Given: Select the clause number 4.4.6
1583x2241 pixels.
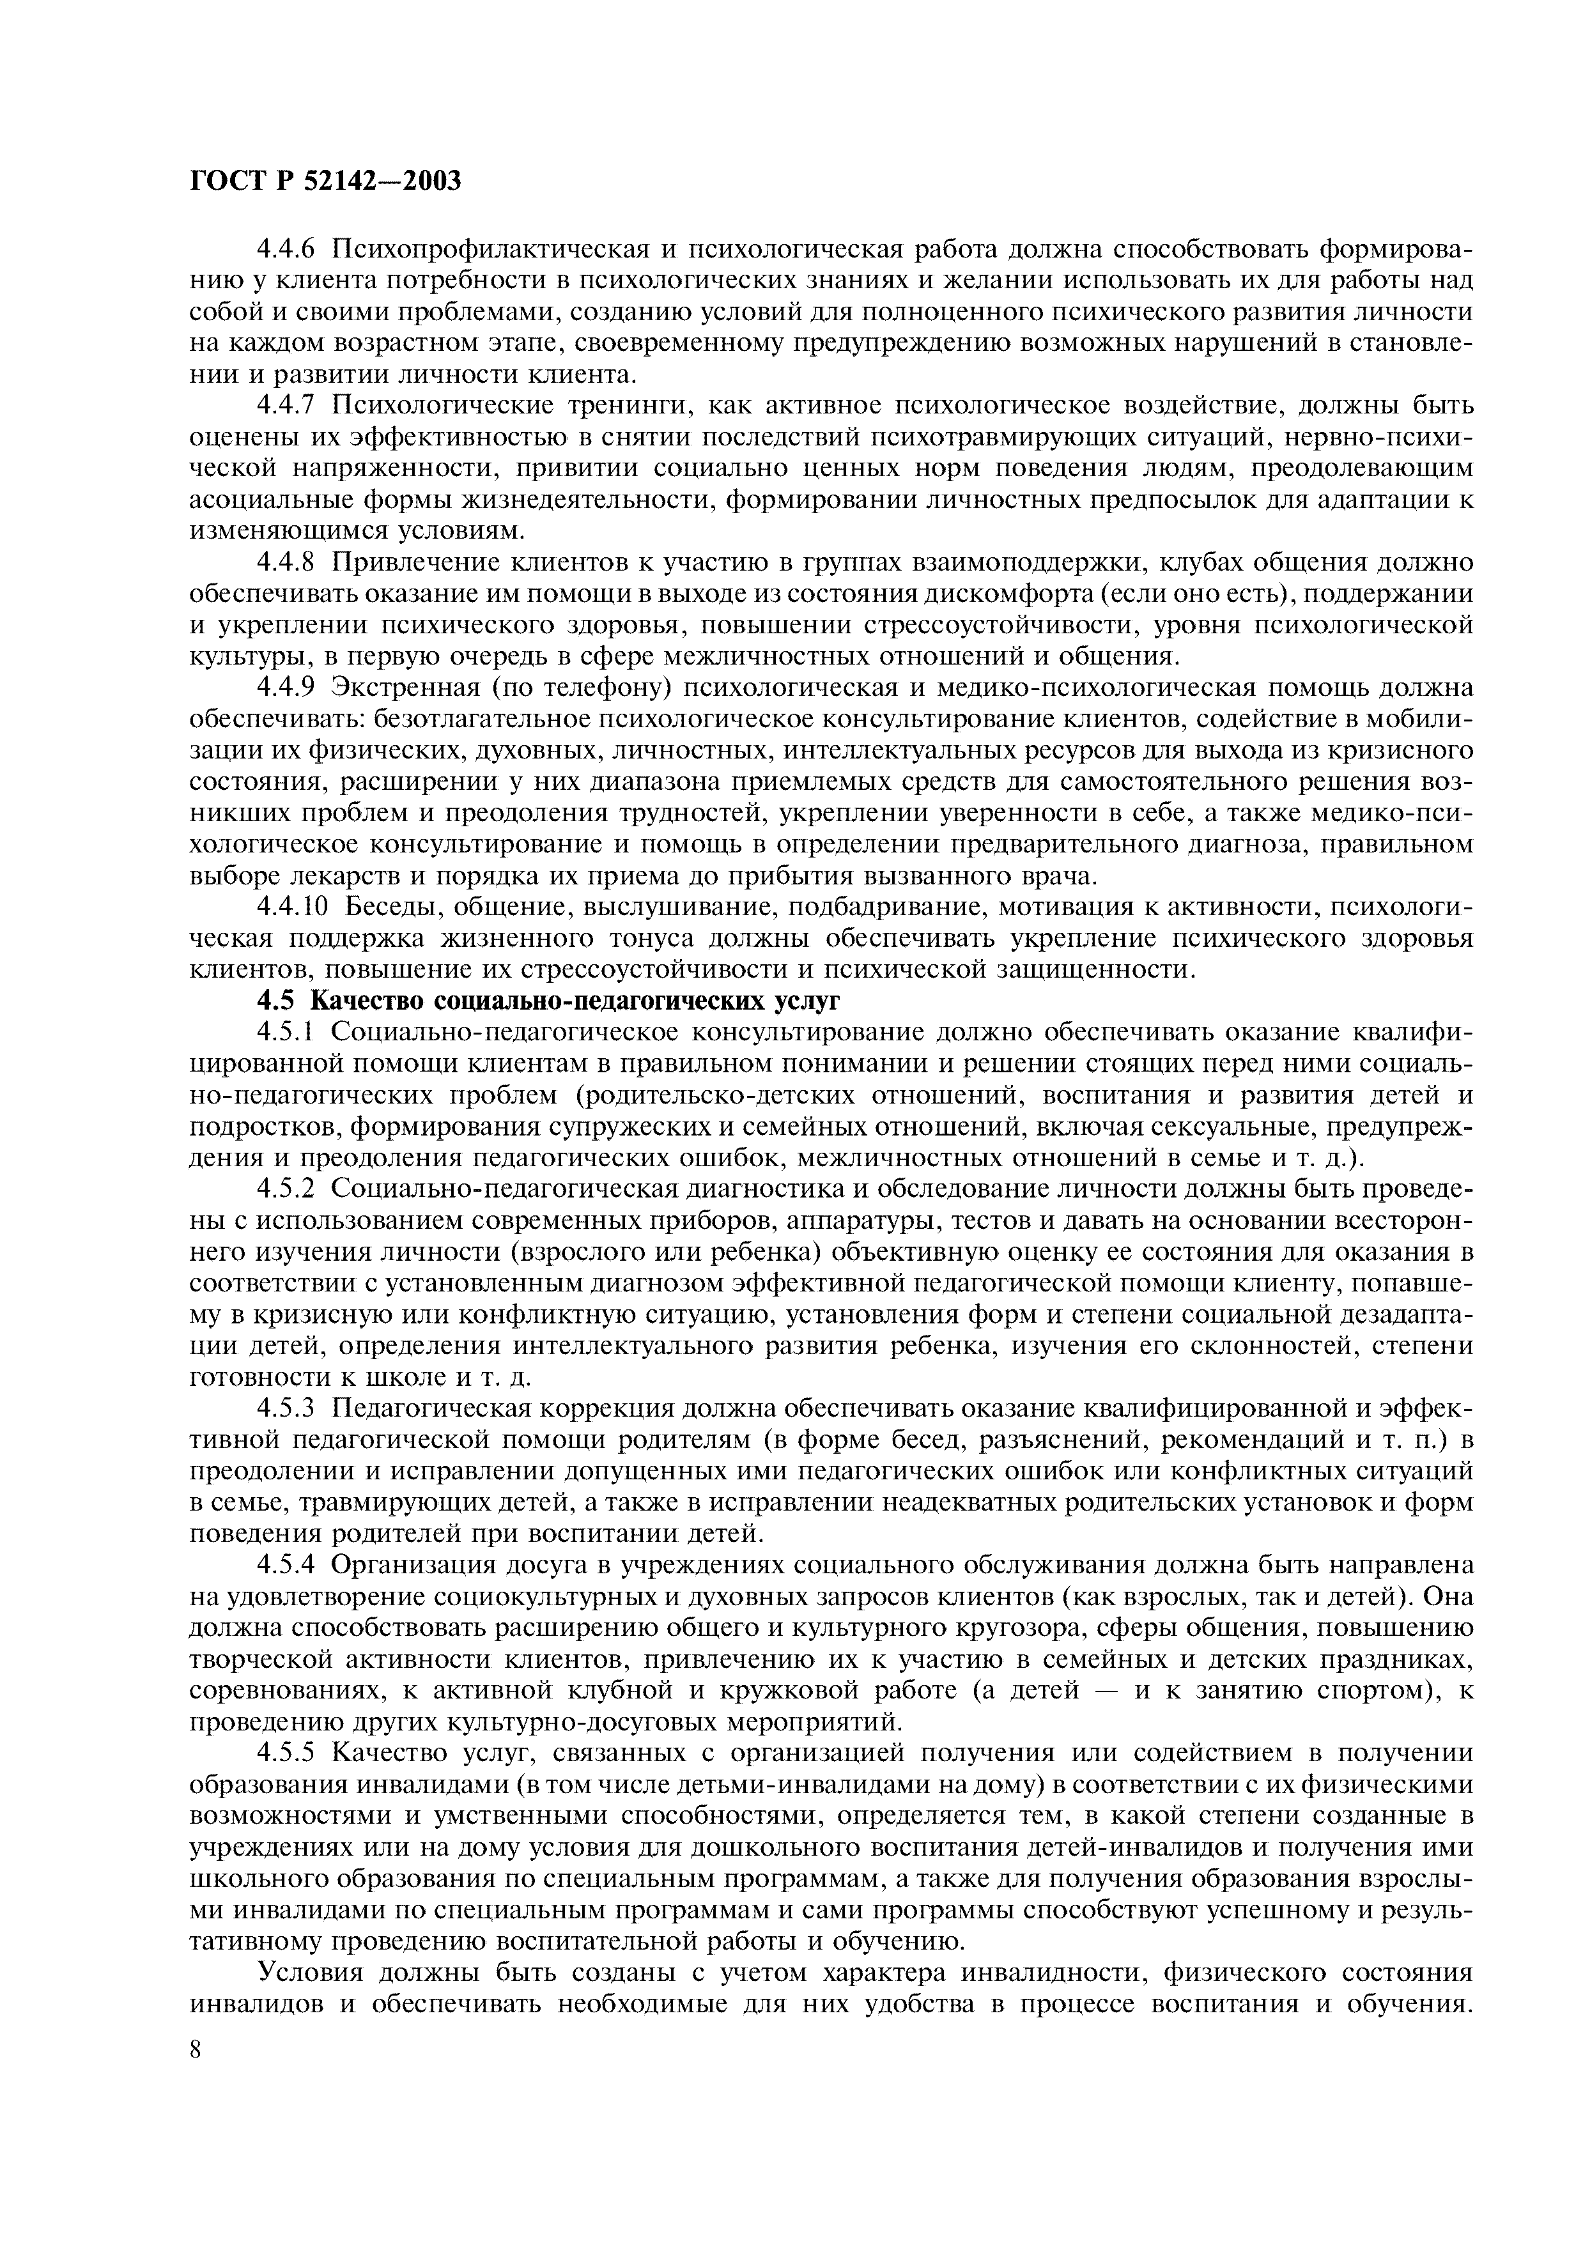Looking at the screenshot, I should [x=288, y=249].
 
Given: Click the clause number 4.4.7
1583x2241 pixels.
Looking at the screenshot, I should [x=288, y=406].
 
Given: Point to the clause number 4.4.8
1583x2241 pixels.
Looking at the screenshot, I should [x=288, y=563].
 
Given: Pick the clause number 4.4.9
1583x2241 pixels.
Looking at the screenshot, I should [x=288, y=689].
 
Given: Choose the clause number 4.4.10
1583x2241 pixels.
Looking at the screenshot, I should [x=295, y=908].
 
